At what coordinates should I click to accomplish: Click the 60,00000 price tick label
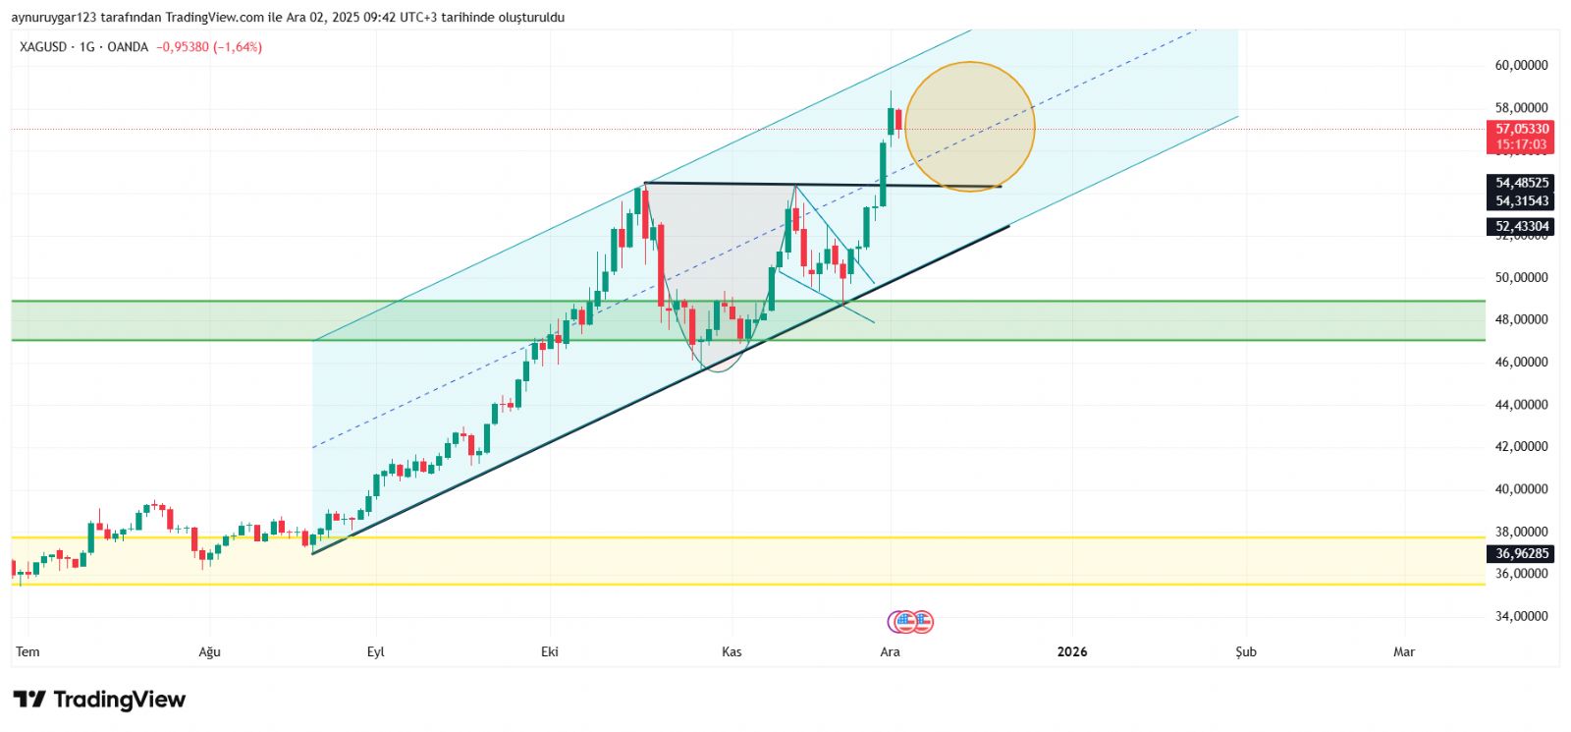1521,66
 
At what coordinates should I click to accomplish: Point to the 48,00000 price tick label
1521,319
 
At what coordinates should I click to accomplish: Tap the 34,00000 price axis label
1521,616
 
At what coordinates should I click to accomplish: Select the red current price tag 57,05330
1521,129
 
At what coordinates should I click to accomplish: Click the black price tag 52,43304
1521,227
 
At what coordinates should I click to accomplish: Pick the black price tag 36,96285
1521,554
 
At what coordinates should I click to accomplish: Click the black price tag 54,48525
1521,183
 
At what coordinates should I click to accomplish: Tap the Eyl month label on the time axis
375,651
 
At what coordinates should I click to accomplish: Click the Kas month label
731,651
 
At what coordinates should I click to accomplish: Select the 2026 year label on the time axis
1072,651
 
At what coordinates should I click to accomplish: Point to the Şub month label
1245,651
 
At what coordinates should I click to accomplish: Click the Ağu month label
209,651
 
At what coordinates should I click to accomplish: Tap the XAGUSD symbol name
43,47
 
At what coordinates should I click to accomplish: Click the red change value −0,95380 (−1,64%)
209,47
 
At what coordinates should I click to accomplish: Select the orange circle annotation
969,127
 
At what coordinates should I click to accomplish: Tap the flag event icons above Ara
910,621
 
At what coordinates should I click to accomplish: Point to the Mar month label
1404,651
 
